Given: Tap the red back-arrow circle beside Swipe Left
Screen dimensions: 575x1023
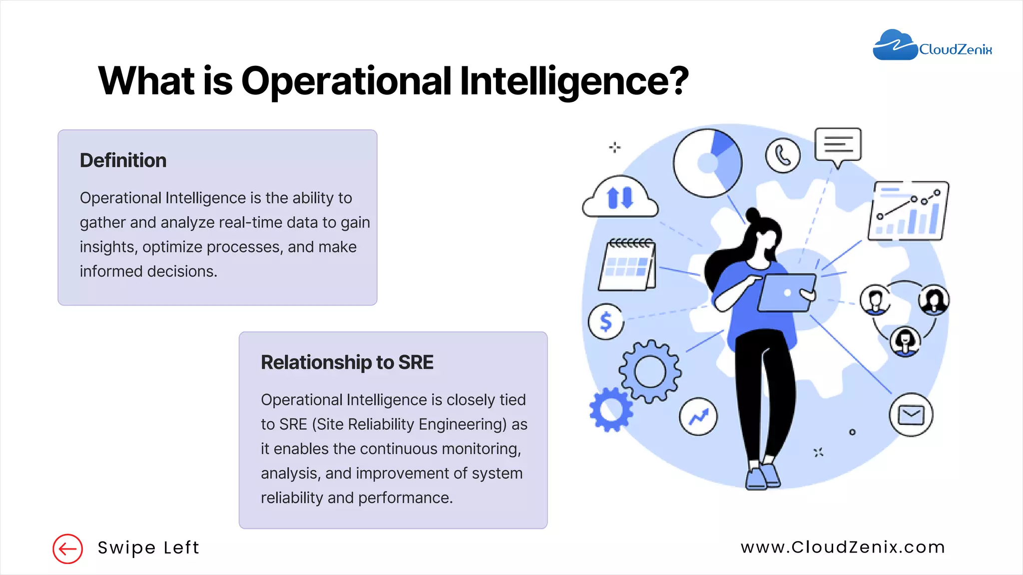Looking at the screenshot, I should pyautogui.click(x=67, y=549).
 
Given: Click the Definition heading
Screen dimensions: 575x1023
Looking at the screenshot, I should pyautogui.click(x=123, y=161).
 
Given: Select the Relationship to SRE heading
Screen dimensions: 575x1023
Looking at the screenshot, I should pyautogui.click(x=347, y=362).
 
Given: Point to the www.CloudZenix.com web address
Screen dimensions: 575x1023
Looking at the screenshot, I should pyautogui.click(x=843, y=547).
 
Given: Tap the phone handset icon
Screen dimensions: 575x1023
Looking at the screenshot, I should pyautogui.click(x=783, y=156).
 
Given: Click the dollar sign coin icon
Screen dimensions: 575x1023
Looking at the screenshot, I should pyautogui.click(x=606, y=321).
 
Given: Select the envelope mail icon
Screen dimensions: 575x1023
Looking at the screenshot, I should pyautogui.click(x=911, y=415).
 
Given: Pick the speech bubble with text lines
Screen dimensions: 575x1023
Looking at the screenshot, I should pyautogui.click(x=838, y=146).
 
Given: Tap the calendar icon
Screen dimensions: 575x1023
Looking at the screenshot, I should pyautogui.click(x=627, y=265).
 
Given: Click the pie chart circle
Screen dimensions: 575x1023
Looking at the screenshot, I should pyautogui.click(x=707, y=163).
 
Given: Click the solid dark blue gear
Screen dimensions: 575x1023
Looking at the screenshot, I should pyautogui.click(x=611, y=409).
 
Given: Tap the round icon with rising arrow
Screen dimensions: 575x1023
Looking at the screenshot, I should pyautogui.click(x=698, y=416).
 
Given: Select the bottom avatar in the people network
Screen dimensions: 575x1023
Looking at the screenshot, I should pyautogui.click(x=905, y=341).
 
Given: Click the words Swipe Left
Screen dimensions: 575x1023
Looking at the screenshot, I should pyautogui.click(x=148, y=548).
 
